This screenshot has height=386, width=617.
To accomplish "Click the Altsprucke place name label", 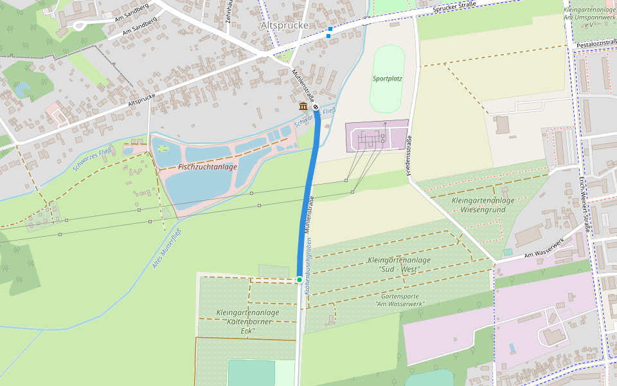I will pyautogui.click(x=284, y=25).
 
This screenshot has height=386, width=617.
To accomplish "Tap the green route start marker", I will pyautogui.click(x=300, y=279).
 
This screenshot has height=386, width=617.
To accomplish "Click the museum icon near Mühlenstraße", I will pyautogui.click(x=303, y=106).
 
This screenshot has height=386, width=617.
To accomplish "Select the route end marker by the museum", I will pyautogui.click(x=316, y=107).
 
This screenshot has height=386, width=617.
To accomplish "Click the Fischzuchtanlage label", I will pyautogui.click(x=208, y=167).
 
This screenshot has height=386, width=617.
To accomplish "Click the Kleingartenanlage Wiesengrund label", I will pyautogui.click(x=483, y=205).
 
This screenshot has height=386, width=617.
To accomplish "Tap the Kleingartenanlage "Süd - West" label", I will pyautogui.click(x=399, y=264).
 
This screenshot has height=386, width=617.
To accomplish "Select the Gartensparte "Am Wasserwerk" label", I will pyautogui.click(x=399, y=300).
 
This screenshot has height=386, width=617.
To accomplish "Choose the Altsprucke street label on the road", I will pyautogui.click(x=141, y=100).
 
